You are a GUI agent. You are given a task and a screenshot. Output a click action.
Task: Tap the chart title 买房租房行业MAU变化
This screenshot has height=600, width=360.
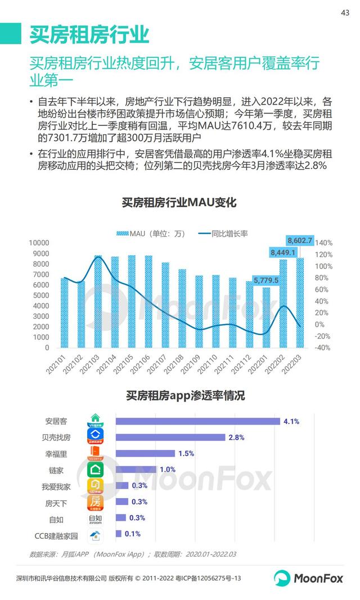point(179,202)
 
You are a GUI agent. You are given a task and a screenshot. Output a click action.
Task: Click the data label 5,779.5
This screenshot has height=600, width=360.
point(266,280)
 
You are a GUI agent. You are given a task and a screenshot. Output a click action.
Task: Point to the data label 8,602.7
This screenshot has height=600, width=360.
point(299,240)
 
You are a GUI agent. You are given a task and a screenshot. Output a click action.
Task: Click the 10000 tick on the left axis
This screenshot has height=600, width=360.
point(39,243)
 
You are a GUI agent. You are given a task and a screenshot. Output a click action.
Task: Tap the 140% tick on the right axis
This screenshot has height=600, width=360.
point(325,243)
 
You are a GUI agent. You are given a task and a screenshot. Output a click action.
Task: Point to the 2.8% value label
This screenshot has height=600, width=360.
point(236,437)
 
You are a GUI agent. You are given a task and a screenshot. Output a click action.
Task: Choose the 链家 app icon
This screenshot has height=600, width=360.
point(96,470)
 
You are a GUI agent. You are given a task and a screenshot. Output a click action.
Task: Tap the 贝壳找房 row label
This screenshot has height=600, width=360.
point(58,437)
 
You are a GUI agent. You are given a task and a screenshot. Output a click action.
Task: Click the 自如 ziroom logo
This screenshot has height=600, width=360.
point(96,518)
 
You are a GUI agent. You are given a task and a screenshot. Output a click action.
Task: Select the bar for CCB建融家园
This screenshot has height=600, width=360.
point(119,534)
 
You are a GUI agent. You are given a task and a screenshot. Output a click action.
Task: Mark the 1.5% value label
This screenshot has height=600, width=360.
point(186,453)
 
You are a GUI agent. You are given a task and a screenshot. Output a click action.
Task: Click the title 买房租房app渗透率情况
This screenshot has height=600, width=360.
point(185,396)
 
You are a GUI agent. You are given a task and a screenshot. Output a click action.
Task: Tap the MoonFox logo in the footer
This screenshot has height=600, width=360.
point(308,578)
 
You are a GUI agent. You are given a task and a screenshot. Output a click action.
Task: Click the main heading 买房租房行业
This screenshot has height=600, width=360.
point(89,34)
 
